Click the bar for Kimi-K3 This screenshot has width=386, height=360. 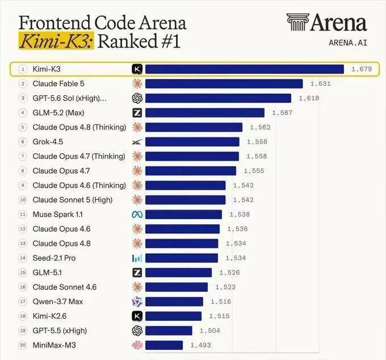click(x=245, y=69)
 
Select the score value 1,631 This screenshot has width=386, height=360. click(x=321, y=83)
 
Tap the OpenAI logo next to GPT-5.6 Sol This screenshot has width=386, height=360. click(x=137, y=98)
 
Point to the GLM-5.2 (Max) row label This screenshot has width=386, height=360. click(x=58, y=113)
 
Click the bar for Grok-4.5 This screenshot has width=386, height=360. click(x=192, y=142)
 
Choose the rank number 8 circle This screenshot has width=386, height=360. click(x=23, y=171)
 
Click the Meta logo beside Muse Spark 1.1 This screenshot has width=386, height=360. click(x=137, y=215)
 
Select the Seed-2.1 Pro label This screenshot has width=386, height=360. click(x=54, y=258)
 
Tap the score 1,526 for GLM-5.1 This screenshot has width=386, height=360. click(x=229, y=273)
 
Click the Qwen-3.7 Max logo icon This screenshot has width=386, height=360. click(x=137, y=302)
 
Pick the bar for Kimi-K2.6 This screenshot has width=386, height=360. click(x=173, y=316)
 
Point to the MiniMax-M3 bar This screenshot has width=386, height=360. click(x=164, y=345)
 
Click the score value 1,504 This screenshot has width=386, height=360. click(x=209, y=330)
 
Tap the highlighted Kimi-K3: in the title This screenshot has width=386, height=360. click(x=56, y=41)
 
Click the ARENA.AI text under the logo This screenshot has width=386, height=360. click(x=348, y=43)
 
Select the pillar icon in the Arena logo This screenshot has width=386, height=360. click(x=297, y=22)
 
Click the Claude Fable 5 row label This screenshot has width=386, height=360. click(x=58, y=83)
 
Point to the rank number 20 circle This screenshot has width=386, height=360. click(x=23, y=345)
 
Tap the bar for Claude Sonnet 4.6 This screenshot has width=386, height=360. click(x=177, y=287)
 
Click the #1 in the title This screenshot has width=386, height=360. click(x=171, y=41)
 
